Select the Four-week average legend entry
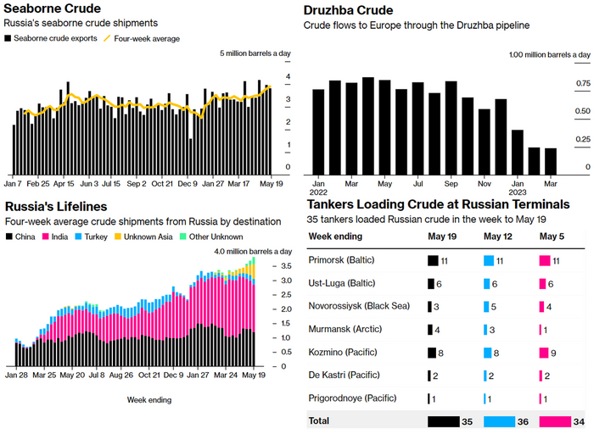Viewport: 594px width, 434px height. point(139,38)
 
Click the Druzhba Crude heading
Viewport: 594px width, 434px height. point(348,11)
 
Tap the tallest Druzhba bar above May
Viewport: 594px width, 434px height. point(367,125)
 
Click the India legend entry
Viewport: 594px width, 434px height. point(60,236)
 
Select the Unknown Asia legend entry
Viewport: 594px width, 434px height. point(148,236)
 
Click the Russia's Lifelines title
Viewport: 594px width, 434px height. point(56,206)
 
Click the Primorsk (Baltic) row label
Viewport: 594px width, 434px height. point(343,259)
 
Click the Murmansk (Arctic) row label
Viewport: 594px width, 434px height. point(343,329)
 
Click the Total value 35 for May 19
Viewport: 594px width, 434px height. point(467,420)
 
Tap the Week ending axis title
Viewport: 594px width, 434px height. point(148,399)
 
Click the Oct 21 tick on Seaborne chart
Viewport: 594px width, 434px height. point(161,183)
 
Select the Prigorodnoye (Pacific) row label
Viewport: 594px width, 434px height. point(353,398)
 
